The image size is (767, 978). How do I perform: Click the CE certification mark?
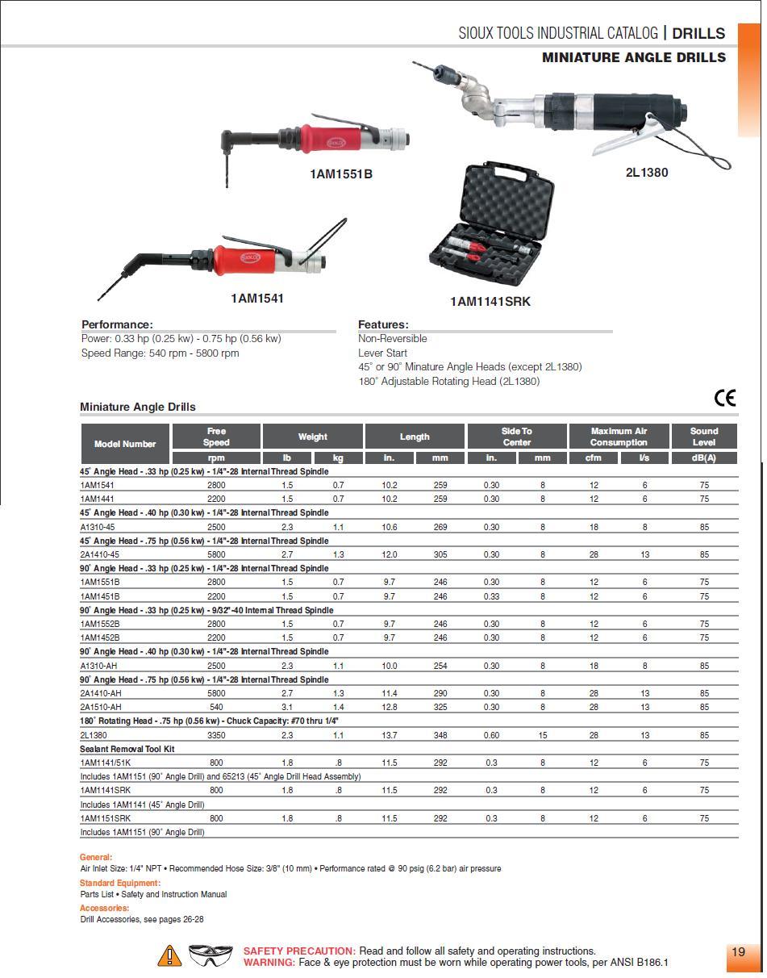tap(724, 398)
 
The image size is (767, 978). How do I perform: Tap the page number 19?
tap(738, 952)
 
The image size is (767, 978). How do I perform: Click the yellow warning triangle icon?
tap(169, 956)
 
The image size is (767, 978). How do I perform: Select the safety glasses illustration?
tap(211, 955)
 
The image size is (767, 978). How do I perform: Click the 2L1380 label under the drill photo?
tap(647, 172)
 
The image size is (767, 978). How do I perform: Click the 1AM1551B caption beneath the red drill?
tap(341, 174)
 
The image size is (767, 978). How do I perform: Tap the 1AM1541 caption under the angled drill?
tap(257, 299)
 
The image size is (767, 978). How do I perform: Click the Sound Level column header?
tap(703, 437)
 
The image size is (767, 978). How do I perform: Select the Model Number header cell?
tap(125, 444)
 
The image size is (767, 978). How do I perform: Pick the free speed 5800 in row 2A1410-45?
tap(216, 554)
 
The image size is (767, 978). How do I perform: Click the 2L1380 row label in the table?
tap(94, 735)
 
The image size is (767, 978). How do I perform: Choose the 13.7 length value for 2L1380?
tap(390, 735)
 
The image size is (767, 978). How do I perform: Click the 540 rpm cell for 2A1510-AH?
tap(216, 707)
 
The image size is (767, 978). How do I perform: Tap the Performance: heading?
tap(117, 324)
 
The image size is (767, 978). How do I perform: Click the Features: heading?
tap(383, 324)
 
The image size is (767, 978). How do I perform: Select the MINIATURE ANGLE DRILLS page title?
tap(633, 58)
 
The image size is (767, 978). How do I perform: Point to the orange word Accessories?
tap(104, 908)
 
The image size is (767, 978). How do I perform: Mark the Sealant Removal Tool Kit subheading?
tap(127, 749)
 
